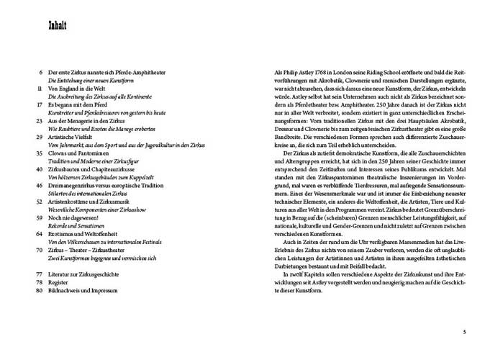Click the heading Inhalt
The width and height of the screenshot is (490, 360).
(57, 27)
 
